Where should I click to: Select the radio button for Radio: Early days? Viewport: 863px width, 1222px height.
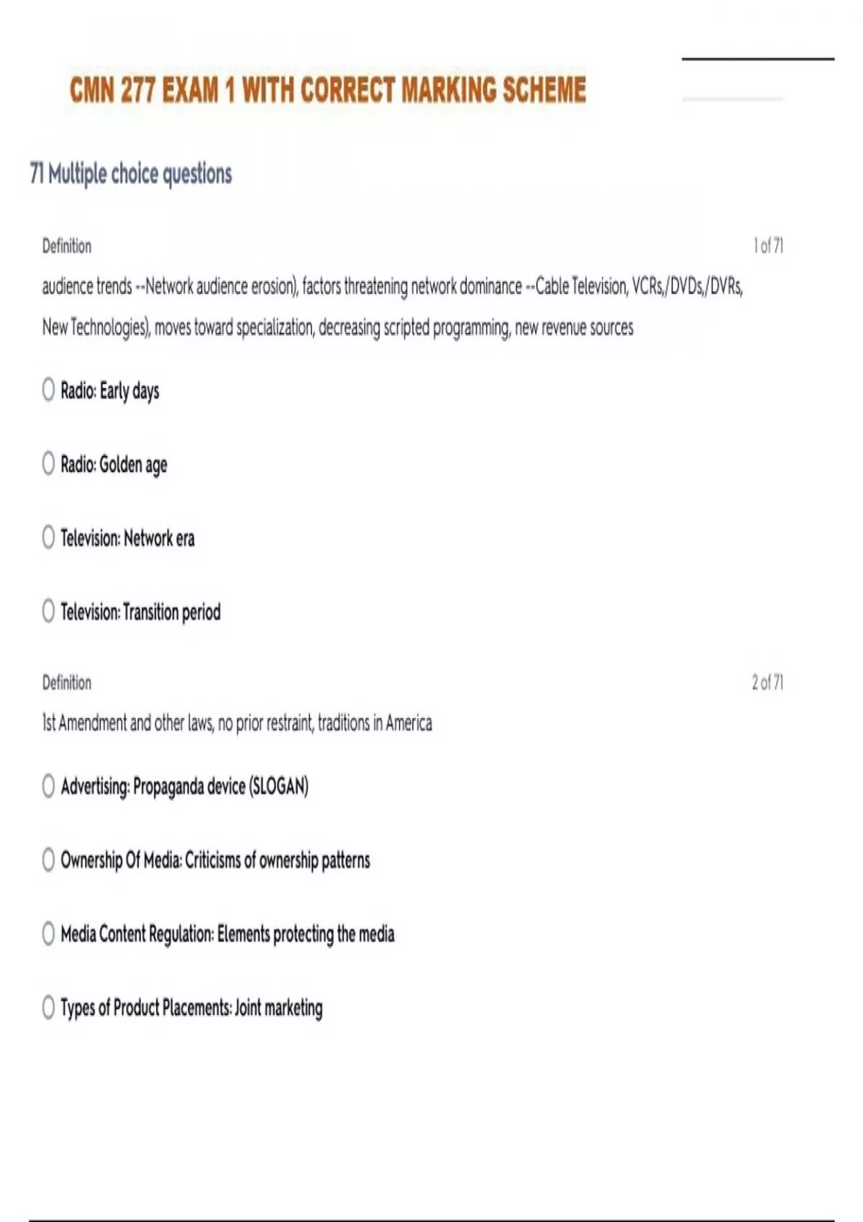point(48,390)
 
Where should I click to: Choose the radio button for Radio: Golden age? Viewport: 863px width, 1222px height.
point(48,464)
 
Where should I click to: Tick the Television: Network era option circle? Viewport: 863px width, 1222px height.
point(48,537)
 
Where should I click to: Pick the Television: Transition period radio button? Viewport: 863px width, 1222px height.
point(48,611)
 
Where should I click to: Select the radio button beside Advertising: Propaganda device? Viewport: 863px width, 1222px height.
point(48,786)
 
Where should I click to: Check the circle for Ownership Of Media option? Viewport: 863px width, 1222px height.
point(48,860)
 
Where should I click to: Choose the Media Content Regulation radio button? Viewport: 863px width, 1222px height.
point(48,934)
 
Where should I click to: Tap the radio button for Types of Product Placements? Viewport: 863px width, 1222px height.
point(48,1007)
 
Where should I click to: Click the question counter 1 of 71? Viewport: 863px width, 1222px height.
point(768,246)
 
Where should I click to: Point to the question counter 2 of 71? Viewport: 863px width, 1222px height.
point(767,682)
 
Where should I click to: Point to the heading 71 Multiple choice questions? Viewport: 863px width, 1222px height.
point(131,174)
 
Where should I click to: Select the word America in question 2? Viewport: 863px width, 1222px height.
point(408,723)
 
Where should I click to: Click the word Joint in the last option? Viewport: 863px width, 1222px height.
point(248,1008)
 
